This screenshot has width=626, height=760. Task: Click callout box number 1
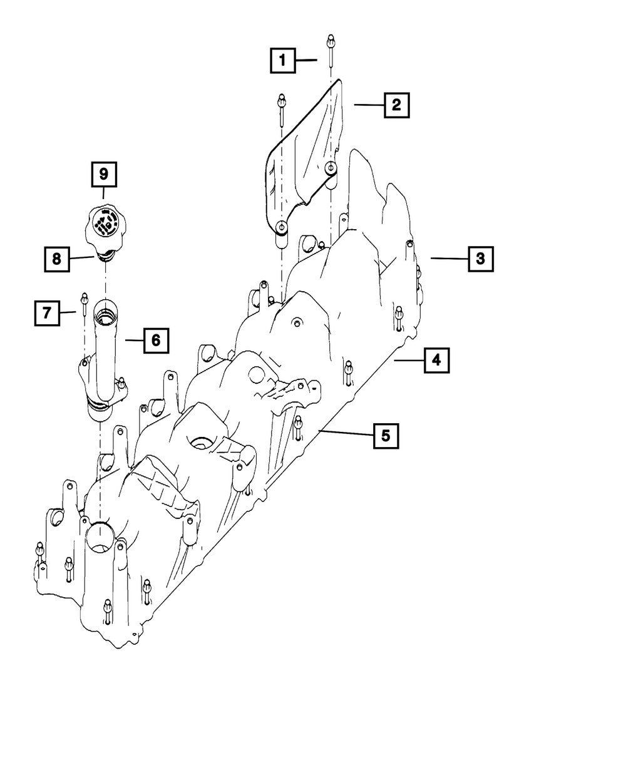pos(283,61)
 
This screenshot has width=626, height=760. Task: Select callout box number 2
pos(396,105)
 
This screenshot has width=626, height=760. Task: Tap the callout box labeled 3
pos(480,258)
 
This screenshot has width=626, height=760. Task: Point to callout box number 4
pos(436,359)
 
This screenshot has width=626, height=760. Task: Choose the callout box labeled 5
pos(386,435)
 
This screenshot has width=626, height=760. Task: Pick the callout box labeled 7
pos(47,312)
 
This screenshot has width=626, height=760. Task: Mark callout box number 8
pos(57,259)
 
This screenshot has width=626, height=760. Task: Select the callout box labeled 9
pos(104,174)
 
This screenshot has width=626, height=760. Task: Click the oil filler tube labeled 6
pos(105,351)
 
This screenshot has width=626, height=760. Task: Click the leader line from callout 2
pos(369,105)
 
